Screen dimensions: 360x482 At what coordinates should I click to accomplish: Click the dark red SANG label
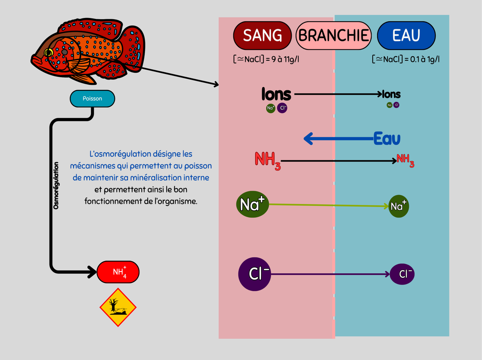(x=262, y=36)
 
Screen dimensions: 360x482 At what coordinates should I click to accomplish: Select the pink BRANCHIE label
(x=333, y=36)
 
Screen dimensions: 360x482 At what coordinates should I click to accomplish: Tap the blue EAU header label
(x=406, y=36)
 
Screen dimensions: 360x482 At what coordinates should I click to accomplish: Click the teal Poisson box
(x=92, y=98)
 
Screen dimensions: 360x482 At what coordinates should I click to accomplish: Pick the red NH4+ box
(x=118, y=272)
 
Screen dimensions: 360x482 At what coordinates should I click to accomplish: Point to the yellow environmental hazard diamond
(x=118, y=307)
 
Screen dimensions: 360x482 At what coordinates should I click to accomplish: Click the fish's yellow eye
(x=49, y=52)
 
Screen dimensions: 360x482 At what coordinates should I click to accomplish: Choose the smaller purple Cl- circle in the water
(x=402, y=274)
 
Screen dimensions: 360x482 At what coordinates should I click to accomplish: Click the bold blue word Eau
(x=387, y=139)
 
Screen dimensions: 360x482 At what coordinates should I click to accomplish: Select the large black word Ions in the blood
(x=276, y=94)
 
